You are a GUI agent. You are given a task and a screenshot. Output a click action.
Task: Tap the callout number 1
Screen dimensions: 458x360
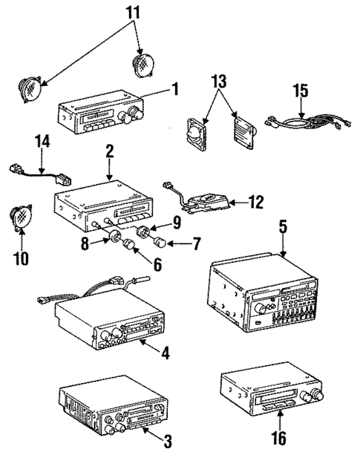(174, 90)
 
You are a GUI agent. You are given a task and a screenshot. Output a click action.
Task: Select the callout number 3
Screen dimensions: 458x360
(168, 442)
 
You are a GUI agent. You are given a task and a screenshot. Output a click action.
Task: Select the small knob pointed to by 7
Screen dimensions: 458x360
(158, 241)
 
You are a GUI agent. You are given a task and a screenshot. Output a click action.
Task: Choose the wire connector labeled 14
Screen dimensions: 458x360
(39, 172)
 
